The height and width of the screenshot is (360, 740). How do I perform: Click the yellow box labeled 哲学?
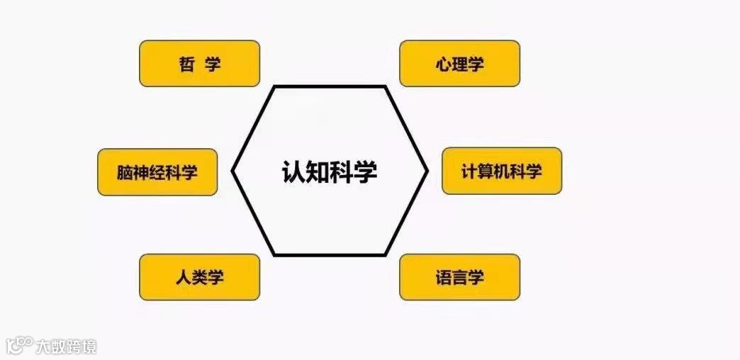pos(199,64)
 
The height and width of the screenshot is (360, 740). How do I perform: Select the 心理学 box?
pos(459,64)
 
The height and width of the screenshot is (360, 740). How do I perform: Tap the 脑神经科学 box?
pos(157,172)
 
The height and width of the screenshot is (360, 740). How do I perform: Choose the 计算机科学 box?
pos(501,171)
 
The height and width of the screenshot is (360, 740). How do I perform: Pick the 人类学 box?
pos(199,277)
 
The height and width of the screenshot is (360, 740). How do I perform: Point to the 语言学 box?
pos(459,277)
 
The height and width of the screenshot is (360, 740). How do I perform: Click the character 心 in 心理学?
pos(444,64)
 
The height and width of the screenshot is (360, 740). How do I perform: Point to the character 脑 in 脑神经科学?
pos(125,172)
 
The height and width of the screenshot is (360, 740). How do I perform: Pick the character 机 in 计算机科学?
pos(501,171)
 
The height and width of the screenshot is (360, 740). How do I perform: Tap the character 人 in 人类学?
pos(183,277)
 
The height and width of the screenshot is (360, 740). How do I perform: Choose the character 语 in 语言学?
pos(444,277)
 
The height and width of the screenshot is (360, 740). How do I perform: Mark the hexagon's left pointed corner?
pos(233,171)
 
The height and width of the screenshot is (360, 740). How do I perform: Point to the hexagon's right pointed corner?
pos(427,171)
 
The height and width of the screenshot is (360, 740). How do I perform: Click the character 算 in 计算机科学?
pos(486,171)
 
